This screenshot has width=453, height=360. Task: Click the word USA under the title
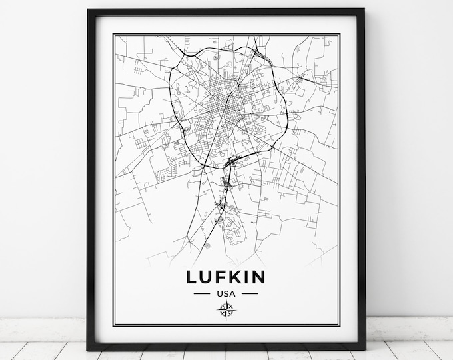coord(225,293)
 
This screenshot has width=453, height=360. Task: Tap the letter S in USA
coord(225,293)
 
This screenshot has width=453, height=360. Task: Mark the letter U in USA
coord(219,293)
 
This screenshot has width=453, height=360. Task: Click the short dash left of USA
coord(201,293)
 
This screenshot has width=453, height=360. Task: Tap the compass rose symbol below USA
coord(225,309)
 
